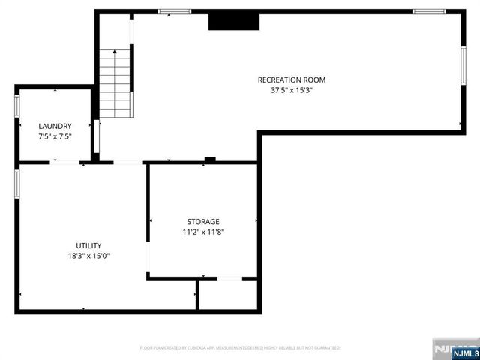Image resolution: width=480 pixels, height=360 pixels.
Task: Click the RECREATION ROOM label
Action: tap(292, 79)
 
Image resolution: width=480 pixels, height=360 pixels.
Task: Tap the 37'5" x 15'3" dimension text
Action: tap(292, 90)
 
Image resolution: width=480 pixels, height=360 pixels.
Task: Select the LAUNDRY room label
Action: tap(55, 126)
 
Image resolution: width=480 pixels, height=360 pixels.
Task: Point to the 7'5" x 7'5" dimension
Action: tap(55, 136)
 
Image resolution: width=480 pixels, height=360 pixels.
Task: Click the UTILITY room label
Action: tap(88, 245)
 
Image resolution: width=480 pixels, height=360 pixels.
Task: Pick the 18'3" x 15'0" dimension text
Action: tap(88, 256)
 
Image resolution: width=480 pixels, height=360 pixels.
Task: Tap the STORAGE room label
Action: tap(203, 221)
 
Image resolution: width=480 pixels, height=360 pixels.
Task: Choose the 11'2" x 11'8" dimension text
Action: tap(203, 232)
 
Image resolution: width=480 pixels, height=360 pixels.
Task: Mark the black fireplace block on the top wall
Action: tap(233, 22)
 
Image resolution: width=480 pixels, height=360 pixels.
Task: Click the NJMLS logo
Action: tap(454, 348)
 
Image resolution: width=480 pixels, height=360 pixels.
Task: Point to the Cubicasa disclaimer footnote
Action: tap(240, 348)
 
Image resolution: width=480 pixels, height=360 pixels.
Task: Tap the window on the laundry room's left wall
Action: tap(16, 105)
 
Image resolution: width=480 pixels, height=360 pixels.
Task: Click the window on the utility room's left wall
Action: tap(16, 184)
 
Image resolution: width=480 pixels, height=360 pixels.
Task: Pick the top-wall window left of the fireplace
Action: tap(173, 11)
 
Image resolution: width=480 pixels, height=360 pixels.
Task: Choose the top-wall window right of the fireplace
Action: tap(428, 11)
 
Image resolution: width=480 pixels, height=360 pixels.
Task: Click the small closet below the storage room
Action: tap(228, 294)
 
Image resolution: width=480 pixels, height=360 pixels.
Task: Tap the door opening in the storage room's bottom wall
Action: tap(229, 278)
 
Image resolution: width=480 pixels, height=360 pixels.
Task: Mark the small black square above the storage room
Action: tap(210, 159)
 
